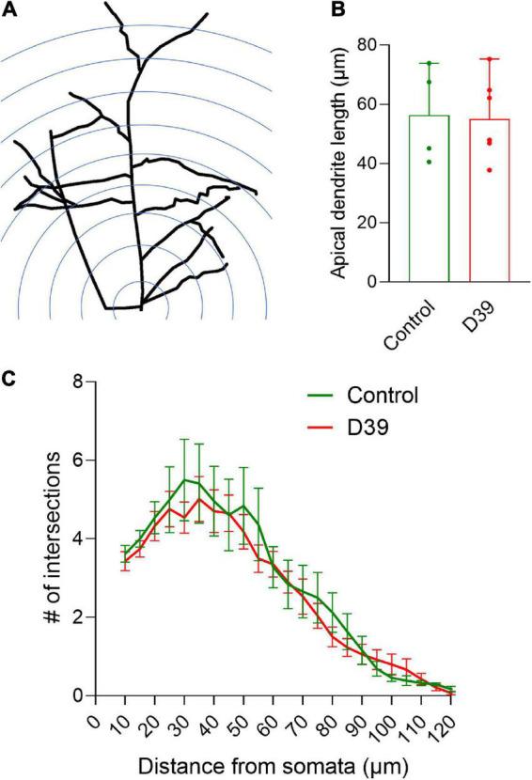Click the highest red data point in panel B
pos(489,59)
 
